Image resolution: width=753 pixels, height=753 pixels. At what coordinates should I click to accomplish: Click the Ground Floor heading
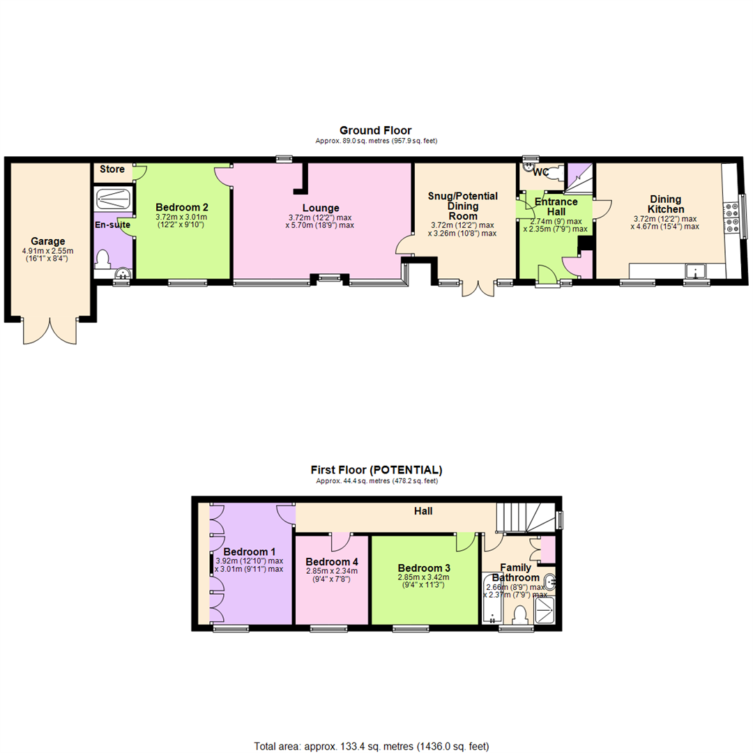(375, 130)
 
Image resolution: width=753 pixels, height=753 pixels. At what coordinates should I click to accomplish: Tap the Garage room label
(47, 241)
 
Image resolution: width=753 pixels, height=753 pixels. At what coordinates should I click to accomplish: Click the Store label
(112, 169)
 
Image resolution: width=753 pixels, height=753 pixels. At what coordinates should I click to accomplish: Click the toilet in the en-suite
(104, 259)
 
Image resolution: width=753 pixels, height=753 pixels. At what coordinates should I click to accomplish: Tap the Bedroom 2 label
(181, 207)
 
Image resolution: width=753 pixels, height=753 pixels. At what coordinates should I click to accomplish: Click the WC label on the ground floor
(541, 172)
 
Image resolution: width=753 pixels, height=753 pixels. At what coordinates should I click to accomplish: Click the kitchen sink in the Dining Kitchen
(695, 271)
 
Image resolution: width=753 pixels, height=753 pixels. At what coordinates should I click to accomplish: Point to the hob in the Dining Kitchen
(732, 215)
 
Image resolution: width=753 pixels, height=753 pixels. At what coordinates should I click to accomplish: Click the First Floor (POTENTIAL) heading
(376, 470)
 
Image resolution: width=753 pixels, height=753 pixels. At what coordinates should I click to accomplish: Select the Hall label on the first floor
(423, 511)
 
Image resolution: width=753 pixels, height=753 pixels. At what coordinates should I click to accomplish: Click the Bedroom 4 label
(332, 562)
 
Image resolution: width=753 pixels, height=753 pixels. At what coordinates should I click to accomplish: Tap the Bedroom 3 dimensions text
(424, 581)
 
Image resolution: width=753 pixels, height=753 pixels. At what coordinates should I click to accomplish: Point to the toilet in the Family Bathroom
(519, 615)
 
